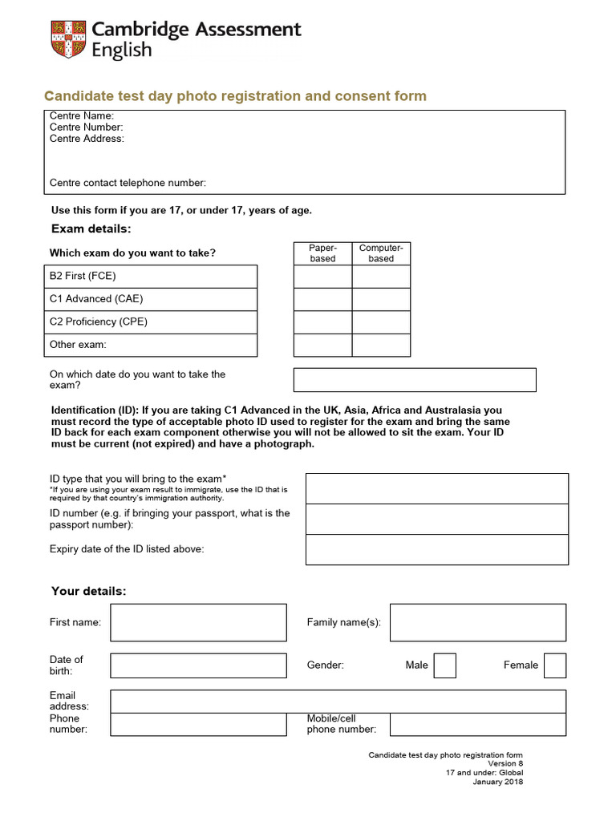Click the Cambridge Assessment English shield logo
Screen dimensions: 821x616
67,39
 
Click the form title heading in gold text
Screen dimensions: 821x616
235,96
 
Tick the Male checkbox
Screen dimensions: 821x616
444,665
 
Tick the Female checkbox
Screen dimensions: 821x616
554,665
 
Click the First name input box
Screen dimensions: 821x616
198,623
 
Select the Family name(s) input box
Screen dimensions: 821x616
477,623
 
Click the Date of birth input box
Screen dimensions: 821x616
198,665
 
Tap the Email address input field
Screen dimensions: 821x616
338,702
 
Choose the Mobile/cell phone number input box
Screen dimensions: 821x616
477,725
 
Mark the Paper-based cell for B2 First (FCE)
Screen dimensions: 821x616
322,277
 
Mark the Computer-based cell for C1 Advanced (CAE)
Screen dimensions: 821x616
381,299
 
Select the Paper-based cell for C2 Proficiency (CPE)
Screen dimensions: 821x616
322,322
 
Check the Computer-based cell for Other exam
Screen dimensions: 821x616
381,346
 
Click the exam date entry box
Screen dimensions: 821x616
415,380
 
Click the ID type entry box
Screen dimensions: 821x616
436,488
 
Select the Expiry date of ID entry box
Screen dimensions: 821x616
436,550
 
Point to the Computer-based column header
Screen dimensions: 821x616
381,253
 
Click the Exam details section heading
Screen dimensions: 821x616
91,229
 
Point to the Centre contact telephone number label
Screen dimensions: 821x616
128,183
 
